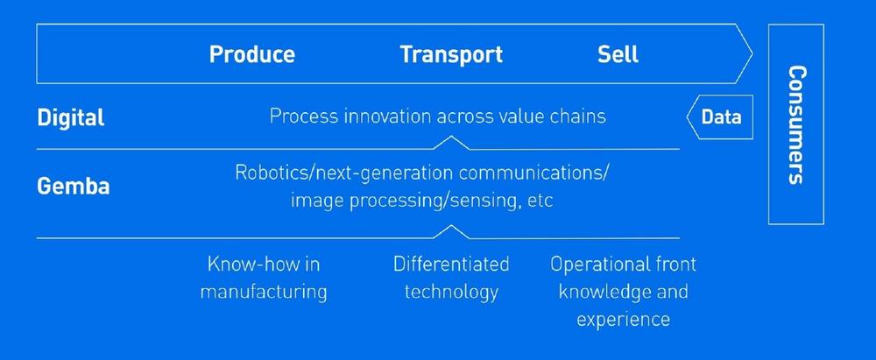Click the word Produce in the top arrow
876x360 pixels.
click(252, 54)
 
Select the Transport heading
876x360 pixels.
click(451, 54)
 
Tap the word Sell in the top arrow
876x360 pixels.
click(618, 54)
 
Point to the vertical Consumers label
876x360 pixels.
click(797, 124)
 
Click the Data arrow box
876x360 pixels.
click(719, 116)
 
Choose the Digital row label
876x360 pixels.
click(70, 118)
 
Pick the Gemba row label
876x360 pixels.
click(74, 187)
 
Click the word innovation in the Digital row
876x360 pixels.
click(386, 116)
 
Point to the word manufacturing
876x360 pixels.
click(264, 292)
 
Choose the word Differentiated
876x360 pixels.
click(451, 264)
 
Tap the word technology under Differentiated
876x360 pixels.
click(451, 292)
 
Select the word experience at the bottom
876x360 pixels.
click(623, 319)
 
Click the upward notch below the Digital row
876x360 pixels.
click(451, 143)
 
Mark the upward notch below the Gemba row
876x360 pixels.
click(451, 231)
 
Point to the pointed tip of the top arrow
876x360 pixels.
click(752, 53)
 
